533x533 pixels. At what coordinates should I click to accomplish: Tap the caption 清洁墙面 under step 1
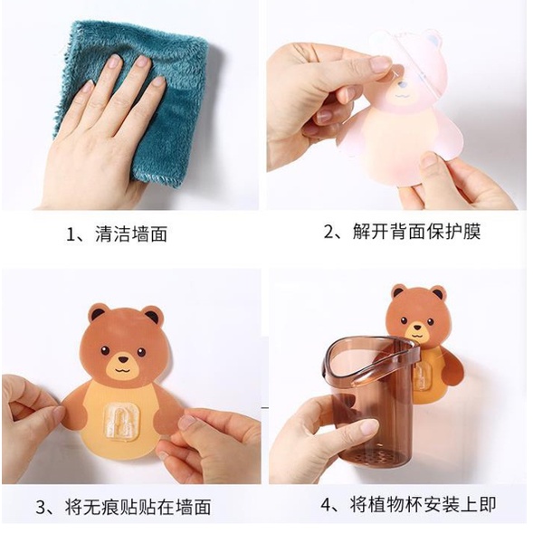pyautogui.click(x=131, y=233)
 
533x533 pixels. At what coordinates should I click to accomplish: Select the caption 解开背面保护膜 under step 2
pyautogui.click(x=416, y=232)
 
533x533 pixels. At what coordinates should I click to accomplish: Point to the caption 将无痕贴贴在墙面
pyautogui.click(x=138, y=507)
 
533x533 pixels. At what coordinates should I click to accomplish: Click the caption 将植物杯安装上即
pyautogui.click(x=424, y=504)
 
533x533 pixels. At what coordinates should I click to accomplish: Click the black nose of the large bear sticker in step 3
pyautogui.click(x=123, y=359)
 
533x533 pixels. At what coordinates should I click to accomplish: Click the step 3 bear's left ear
pyautogui.click(x=97, y=313)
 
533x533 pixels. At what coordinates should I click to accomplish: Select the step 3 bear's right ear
pyautogui.click(x=153, y=316)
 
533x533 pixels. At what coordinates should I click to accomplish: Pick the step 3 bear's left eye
pyautogui.click(x=105, y=350)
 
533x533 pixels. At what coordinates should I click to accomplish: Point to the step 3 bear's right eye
pyautogui.click(x=141, y=352)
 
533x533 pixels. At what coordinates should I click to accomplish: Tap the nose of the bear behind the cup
pyautogui.click(x=417, y=328)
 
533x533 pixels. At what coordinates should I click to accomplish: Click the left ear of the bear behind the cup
pyautogui.click(x=398, y=292)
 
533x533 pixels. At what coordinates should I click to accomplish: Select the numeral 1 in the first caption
pyautogui.click(x=70, y=234)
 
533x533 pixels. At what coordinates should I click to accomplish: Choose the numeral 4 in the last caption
pyautogui.click(x=325, y=505)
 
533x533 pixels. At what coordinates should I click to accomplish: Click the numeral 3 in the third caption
pyautogui.click(x=41, y=508)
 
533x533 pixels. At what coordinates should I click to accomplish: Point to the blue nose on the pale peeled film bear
pyautogui.click(x=403, y=84)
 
